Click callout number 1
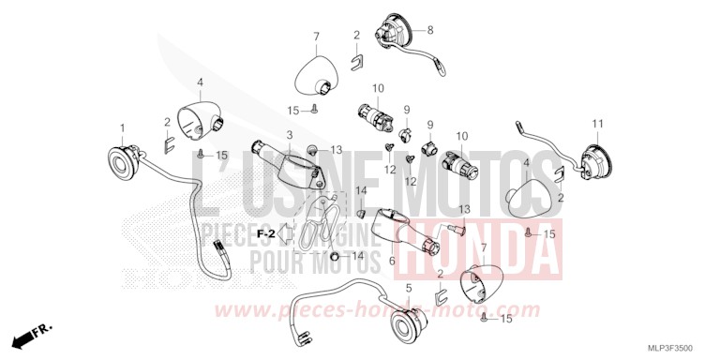(x=122, y=128)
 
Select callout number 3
(x=290, y=135)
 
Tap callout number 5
(x=409, y=289)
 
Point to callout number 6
(x=392, y=261)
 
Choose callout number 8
(x=430, y=31)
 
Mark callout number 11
(x=597, y=124)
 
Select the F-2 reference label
(x=265, y=234)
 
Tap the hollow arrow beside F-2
(x=287, y=233)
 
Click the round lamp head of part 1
(x=124, y=163)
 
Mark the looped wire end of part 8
(x=442, y=69)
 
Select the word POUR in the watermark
(x=274, y=262)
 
